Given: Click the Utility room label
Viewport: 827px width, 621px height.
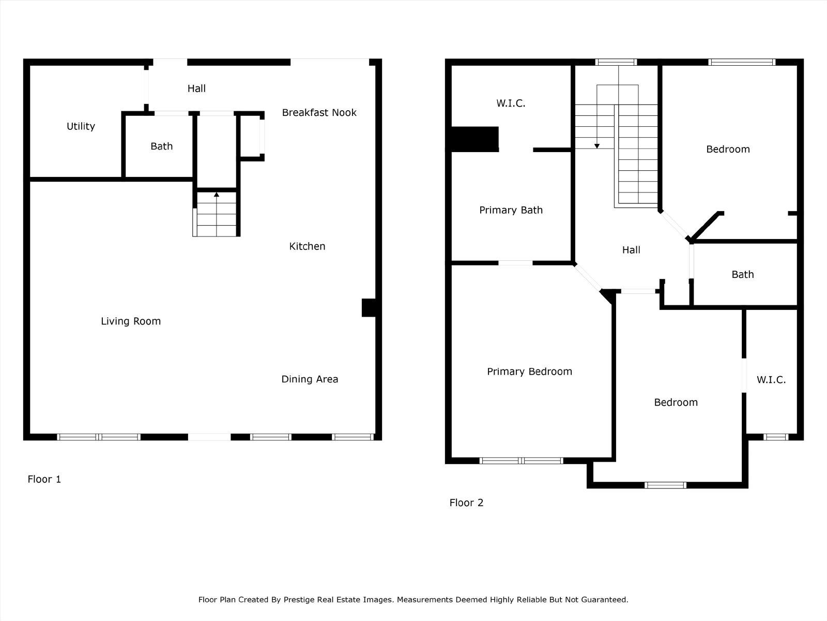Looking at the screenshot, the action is point(81,126).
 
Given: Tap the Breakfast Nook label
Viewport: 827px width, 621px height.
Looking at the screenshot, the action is point(319,112).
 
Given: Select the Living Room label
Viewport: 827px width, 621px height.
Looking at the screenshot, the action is point(131,321).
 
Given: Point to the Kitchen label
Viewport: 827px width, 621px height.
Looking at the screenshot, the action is point(307,246).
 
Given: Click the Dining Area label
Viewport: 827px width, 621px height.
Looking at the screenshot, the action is point(310,379).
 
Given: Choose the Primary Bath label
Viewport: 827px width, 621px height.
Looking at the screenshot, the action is point(511,210).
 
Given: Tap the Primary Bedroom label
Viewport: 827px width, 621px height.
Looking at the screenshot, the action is point(529,372).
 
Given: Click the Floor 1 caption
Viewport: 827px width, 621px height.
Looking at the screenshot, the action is point(44,479).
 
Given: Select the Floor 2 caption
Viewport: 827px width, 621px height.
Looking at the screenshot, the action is point(466,502).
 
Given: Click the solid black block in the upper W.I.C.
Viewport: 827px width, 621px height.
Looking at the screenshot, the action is point(474,140).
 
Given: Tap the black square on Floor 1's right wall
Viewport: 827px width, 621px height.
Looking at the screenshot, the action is point(369,308).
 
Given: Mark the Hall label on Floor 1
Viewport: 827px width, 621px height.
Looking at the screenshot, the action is point(197,88).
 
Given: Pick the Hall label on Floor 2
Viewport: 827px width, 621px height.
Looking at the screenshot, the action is point(631,250).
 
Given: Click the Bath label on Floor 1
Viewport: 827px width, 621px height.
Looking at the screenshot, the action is point(162,146).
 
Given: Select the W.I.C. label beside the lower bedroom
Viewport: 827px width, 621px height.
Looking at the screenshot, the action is point(771,380).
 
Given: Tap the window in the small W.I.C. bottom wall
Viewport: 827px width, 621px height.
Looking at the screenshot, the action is point(776,437).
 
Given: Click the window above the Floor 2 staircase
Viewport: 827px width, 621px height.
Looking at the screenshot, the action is point(616,62).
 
